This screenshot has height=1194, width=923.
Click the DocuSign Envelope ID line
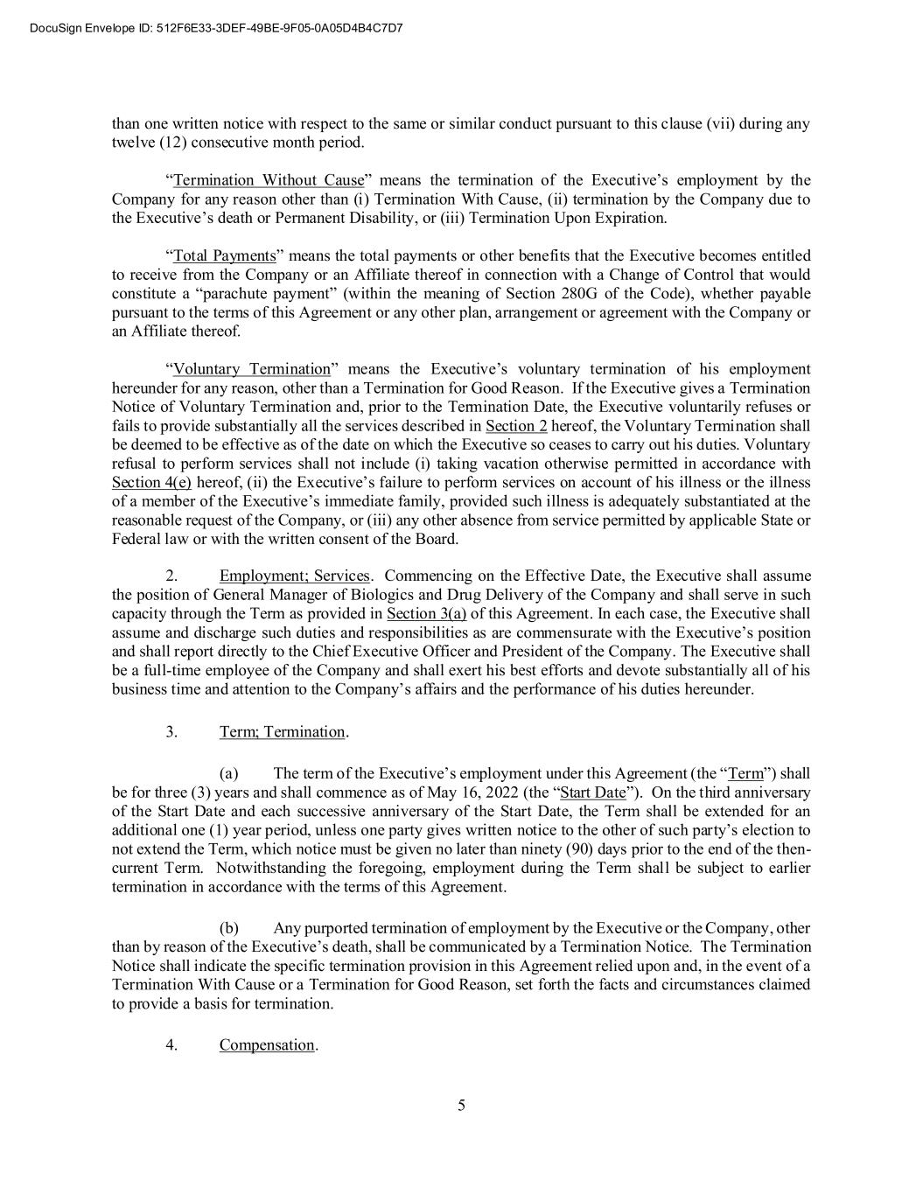[216, 28]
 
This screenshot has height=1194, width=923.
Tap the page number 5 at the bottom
[461, 1106]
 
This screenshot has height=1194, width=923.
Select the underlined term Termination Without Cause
[268, 180]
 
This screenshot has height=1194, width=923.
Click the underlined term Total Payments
[224, 255]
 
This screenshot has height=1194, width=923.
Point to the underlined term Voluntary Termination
[252, 369]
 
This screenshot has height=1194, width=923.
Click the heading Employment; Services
[295, 576]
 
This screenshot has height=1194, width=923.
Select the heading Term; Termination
[283, 731]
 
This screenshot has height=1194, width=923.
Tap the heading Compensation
[267, 1044]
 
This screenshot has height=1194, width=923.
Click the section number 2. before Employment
[172, 576]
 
